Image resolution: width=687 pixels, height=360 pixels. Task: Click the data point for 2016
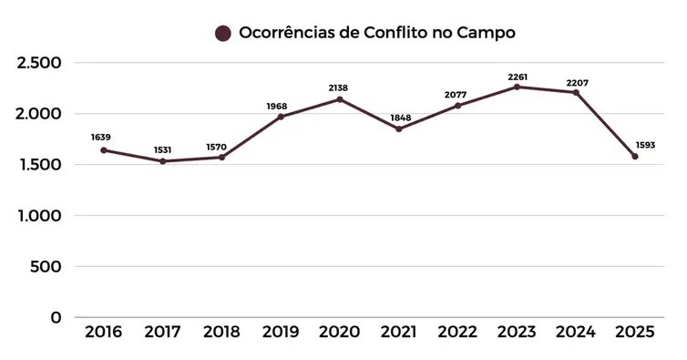(104, 150)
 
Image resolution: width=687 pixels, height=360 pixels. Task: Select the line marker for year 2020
(340, 99)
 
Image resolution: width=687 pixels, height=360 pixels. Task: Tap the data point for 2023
(518, 87)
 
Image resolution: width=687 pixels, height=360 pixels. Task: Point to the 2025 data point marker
(635, 157)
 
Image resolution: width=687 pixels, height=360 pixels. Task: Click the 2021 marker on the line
(399, 129)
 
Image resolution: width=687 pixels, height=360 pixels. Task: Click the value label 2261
(518, 77)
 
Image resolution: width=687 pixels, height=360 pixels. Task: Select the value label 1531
(162, 149)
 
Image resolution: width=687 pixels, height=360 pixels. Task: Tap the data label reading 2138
(340, 88)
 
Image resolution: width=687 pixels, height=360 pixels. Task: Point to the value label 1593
(645, 145)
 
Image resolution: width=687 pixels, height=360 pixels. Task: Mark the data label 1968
(281, 106)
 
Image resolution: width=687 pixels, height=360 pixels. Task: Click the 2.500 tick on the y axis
(39, 63)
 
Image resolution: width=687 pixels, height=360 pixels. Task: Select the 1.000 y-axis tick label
(39, 216)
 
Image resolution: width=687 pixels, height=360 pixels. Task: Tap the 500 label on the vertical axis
(46, 267)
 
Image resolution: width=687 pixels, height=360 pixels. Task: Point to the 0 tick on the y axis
(56, 318)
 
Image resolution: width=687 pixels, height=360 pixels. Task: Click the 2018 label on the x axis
(221, 332)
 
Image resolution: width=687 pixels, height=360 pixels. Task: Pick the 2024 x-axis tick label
(576, 332)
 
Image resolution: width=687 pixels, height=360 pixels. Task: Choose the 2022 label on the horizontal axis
(458, 332)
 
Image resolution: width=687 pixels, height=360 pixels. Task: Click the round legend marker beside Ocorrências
(222, 34)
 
